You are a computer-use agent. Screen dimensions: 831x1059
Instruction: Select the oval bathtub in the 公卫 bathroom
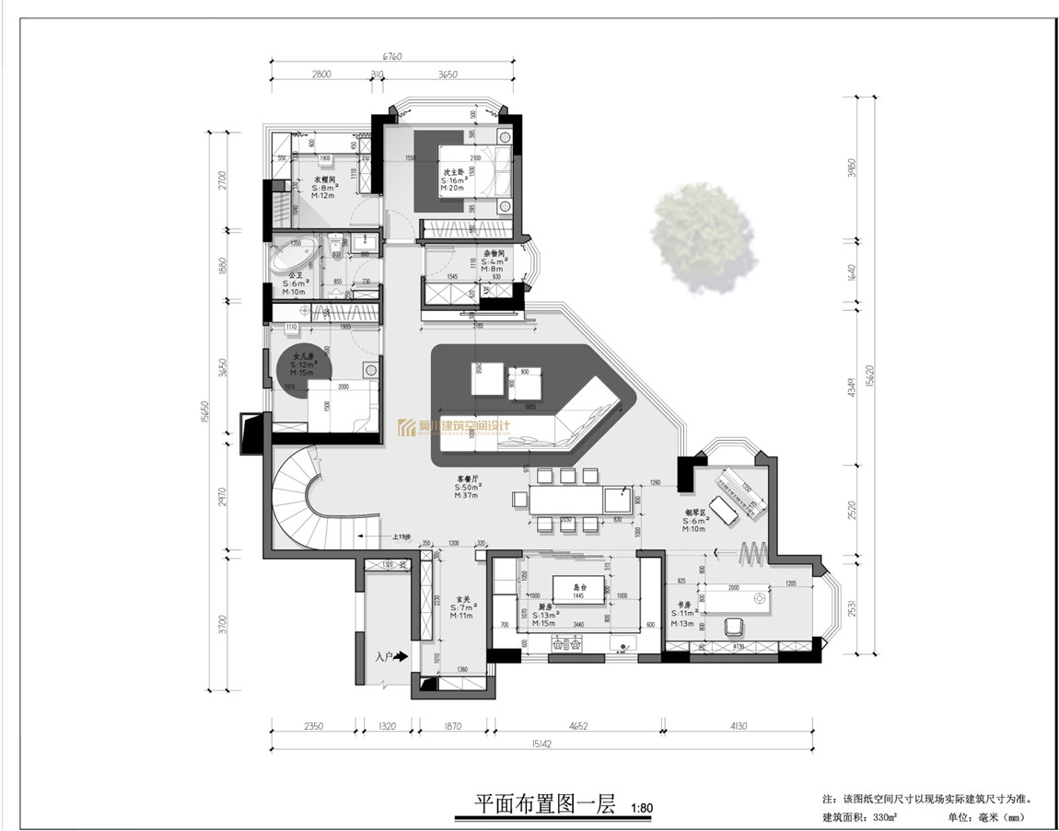click(x=293, y=257)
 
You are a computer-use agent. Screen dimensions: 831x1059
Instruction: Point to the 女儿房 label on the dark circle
click(x=303, y=355)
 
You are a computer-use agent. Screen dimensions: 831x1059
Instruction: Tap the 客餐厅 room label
click(x=469, y=479)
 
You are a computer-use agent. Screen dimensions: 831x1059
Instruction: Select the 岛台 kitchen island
click(x=580, y=588)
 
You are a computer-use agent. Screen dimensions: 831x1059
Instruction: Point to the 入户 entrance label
click(x=385, y=657)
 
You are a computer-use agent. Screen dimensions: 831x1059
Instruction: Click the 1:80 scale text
click(x=642, y=809)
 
